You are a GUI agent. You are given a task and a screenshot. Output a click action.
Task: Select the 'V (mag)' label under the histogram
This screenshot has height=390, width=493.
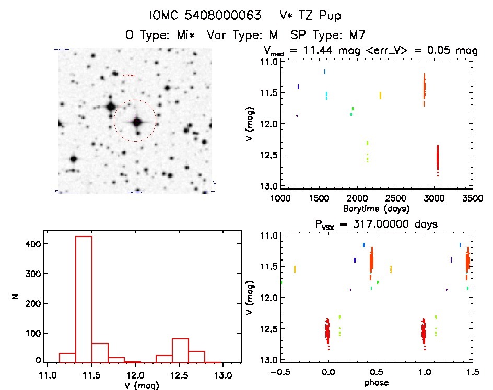point(143,386)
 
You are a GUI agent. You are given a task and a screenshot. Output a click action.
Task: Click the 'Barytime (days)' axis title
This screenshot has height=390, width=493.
point(376,209)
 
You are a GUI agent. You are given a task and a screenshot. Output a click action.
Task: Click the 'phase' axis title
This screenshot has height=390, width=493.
point(376,383)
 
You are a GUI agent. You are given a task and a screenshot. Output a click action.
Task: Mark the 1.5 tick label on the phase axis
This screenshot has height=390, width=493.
point(472,372)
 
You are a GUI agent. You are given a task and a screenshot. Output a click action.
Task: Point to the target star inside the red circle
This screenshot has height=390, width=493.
point(137,122)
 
